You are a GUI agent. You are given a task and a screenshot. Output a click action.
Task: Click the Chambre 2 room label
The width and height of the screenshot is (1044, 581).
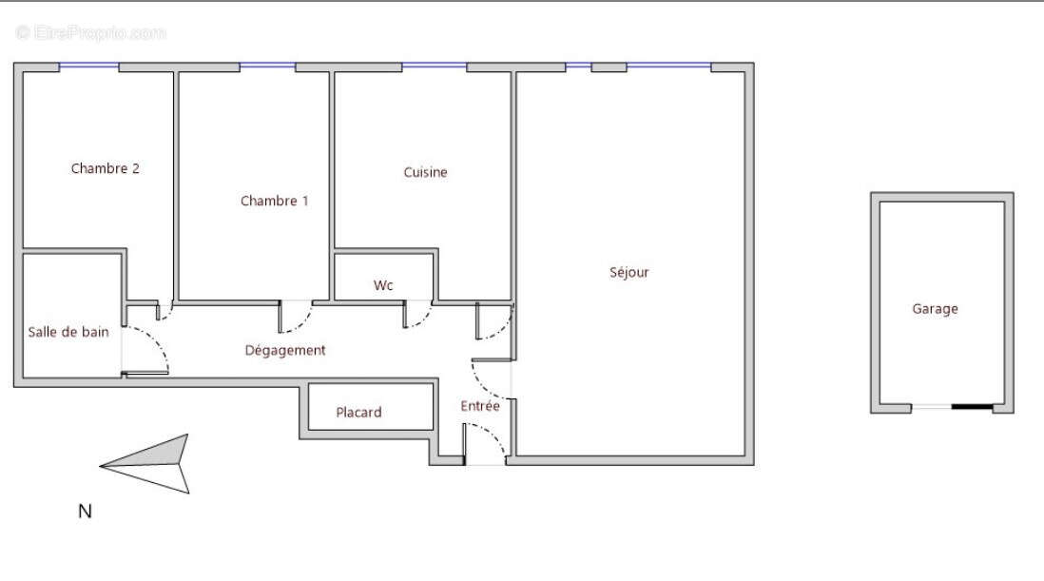click(106, 169)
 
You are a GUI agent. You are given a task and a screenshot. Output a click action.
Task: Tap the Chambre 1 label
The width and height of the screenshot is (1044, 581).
click(274, 201)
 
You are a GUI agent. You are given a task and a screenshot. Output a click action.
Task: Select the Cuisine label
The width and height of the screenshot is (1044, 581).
click(425, 172)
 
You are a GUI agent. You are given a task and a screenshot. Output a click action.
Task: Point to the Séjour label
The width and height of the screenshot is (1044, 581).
click(628, 273)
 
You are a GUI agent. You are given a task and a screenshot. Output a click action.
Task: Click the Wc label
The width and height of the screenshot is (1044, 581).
click(383, 285)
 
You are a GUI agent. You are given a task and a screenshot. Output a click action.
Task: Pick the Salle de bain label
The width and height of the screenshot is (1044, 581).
click(68, 332)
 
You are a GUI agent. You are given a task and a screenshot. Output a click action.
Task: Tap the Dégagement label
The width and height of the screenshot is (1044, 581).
click(285, 350)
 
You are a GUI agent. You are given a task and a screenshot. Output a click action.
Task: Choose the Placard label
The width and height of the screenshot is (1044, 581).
click(358, 413)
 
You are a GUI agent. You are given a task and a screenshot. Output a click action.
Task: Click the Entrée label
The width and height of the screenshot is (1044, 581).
click(480, 406)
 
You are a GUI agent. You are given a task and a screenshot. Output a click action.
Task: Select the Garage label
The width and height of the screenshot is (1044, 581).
click(935, 309)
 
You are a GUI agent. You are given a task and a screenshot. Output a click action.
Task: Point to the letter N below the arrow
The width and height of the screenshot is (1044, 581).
click(85, 512)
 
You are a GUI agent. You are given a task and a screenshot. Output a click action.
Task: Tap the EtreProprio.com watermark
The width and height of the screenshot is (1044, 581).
click(91, 33)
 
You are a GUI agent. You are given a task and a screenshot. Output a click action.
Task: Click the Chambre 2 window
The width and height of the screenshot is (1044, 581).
click(89, 67)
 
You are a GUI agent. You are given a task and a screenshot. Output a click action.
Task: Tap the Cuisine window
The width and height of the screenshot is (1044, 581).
click(434, 67)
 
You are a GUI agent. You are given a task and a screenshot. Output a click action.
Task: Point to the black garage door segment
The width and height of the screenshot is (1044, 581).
click(972, 407)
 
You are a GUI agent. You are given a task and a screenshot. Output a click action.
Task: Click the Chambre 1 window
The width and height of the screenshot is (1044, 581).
click(267, 67)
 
